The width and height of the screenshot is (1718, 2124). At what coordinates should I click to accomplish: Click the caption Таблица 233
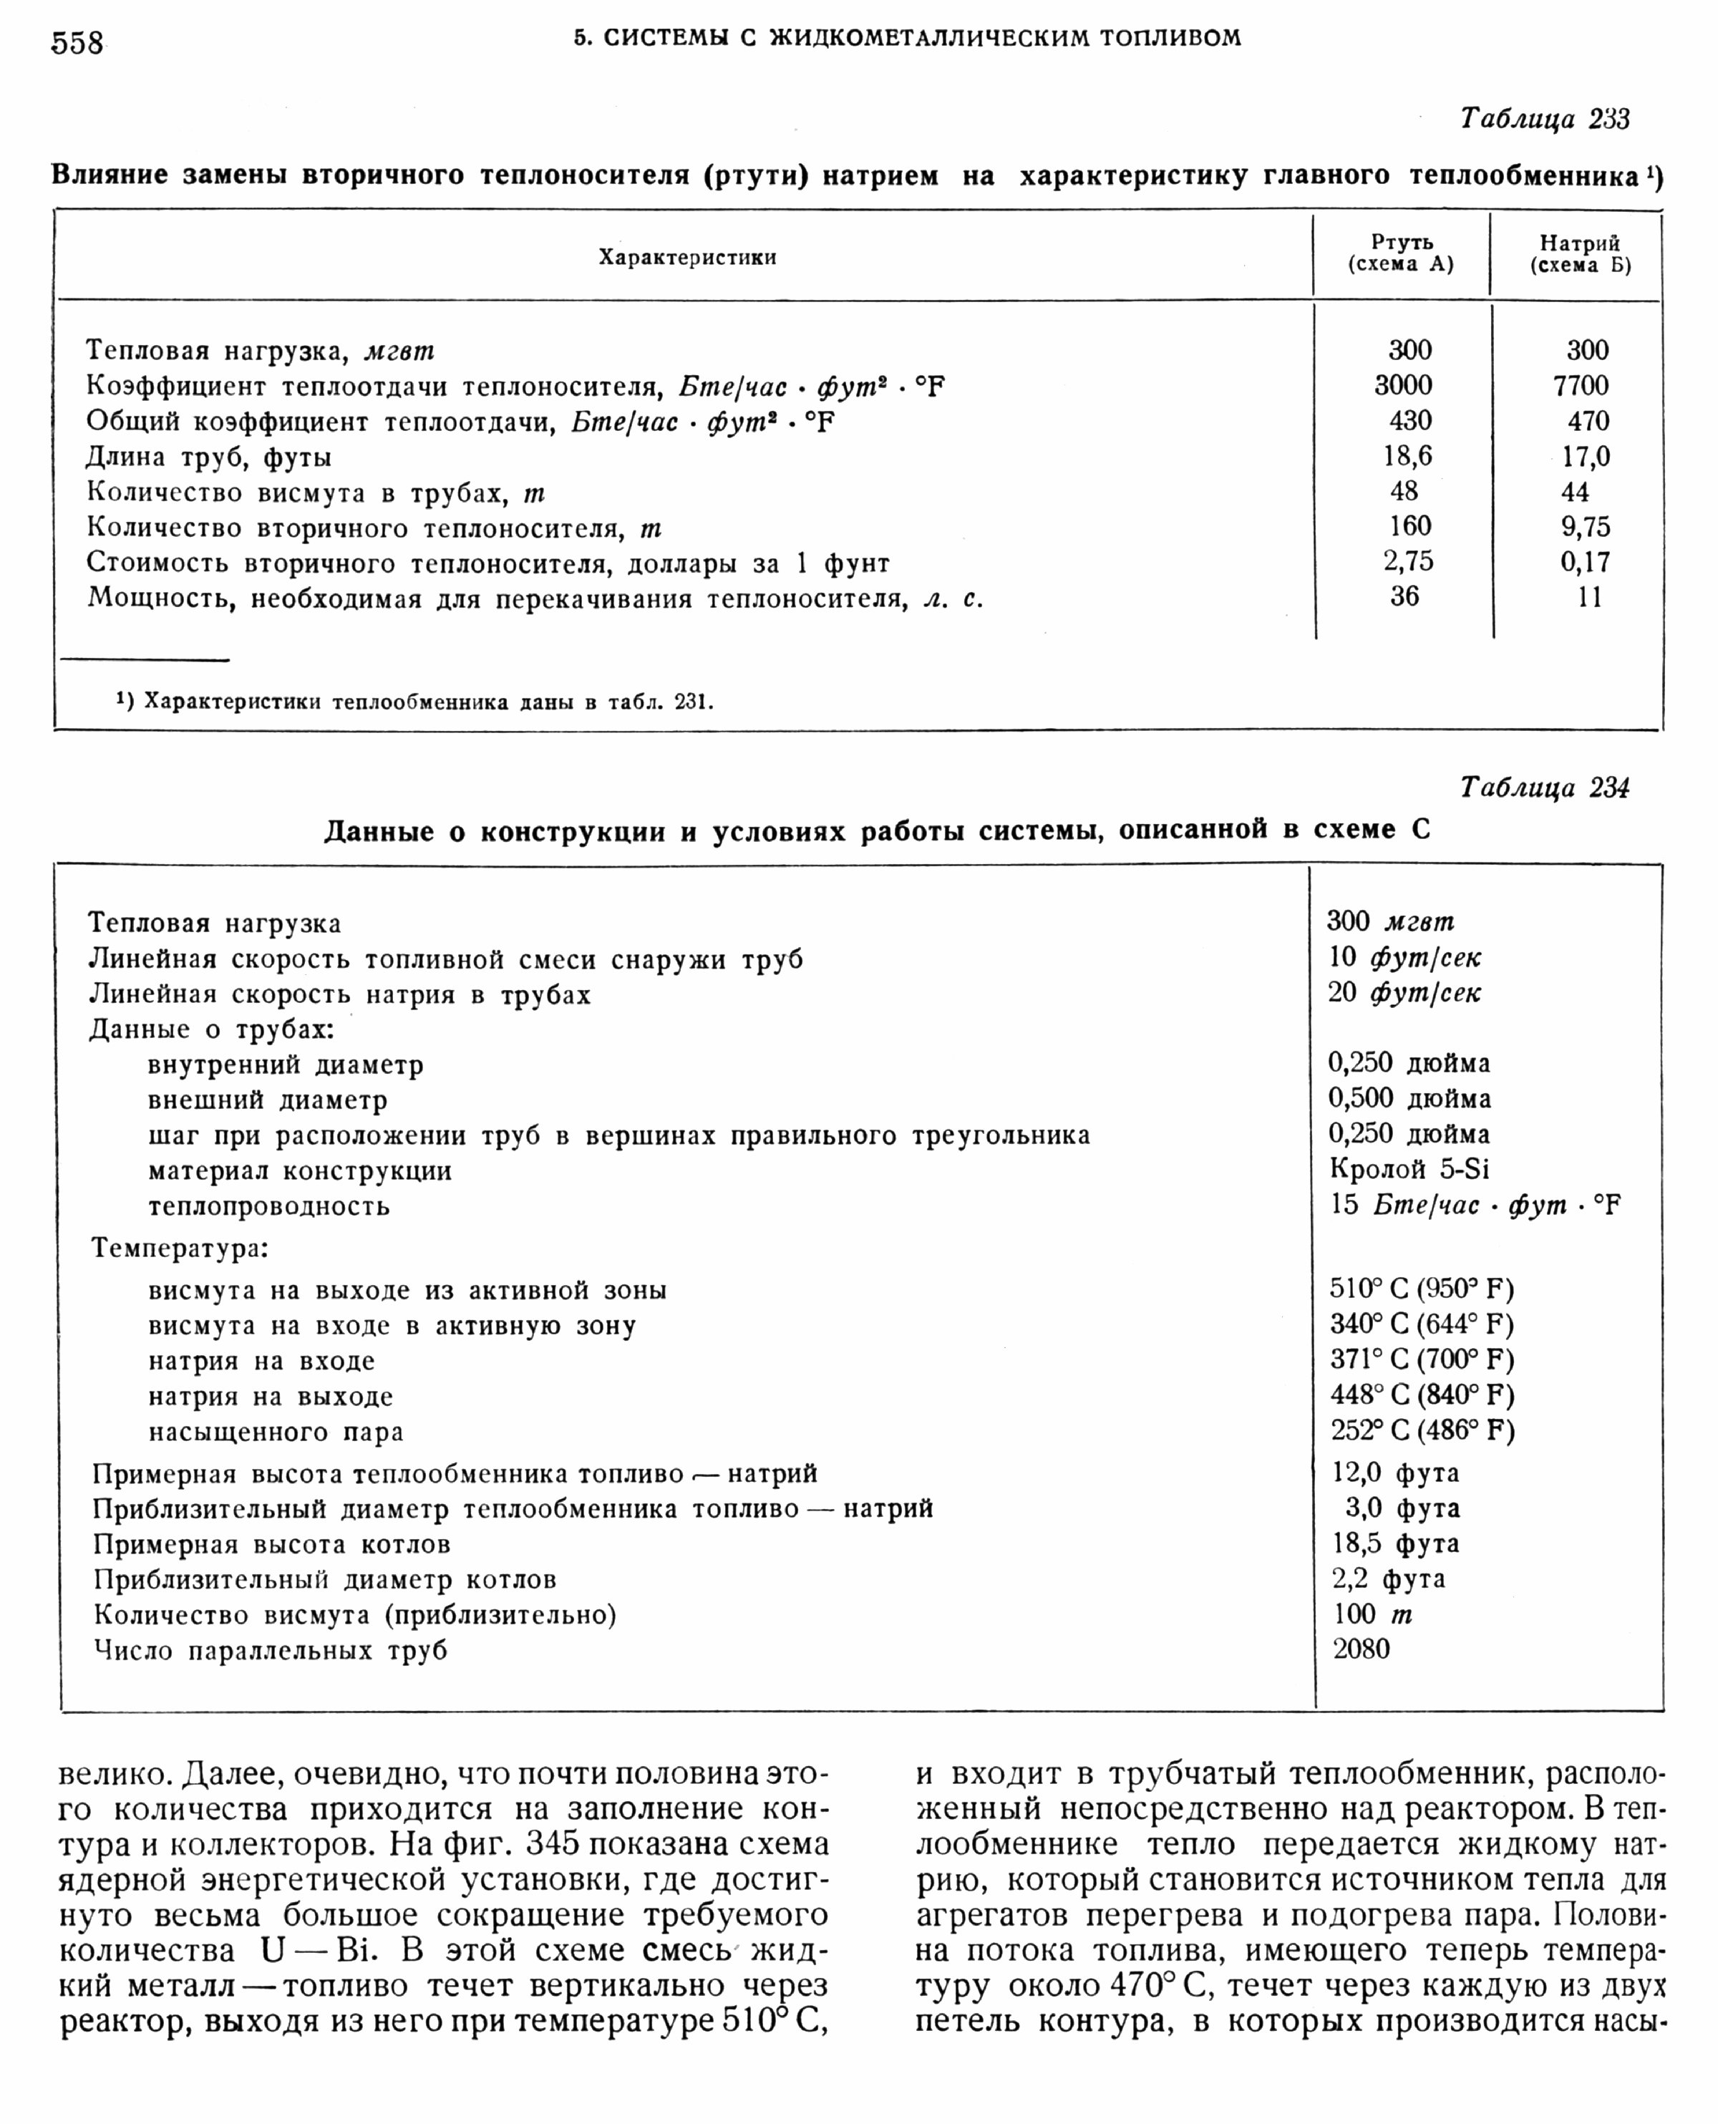pos(1544,119)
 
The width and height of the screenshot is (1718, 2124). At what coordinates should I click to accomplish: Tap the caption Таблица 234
pos(1544,788)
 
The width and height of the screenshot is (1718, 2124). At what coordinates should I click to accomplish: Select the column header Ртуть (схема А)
pos(1402,253)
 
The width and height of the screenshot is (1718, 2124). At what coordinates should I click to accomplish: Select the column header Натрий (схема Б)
pos(1579,254)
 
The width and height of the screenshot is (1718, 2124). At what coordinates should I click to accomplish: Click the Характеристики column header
pos(686,257)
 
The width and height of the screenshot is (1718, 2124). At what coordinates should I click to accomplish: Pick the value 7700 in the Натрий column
pos(1581,385)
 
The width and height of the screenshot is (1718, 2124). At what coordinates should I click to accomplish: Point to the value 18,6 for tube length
pos(1407,456)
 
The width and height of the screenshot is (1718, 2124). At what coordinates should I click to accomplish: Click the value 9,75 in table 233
pos(1586,527)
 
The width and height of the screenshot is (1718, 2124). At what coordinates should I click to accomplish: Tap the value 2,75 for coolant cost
pos(1408,561)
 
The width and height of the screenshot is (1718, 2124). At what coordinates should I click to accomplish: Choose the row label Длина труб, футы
pos(209,457)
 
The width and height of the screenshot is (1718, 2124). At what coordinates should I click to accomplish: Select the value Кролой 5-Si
pos(1409,1169)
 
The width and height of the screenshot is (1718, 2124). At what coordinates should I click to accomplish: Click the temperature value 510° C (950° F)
pos(1421,1289)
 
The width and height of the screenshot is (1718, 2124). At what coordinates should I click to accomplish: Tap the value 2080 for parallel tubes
pos(1361,1648)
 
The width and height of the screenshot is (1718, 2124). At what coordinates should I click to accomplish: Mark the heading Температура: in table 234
pos(180,1247)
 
